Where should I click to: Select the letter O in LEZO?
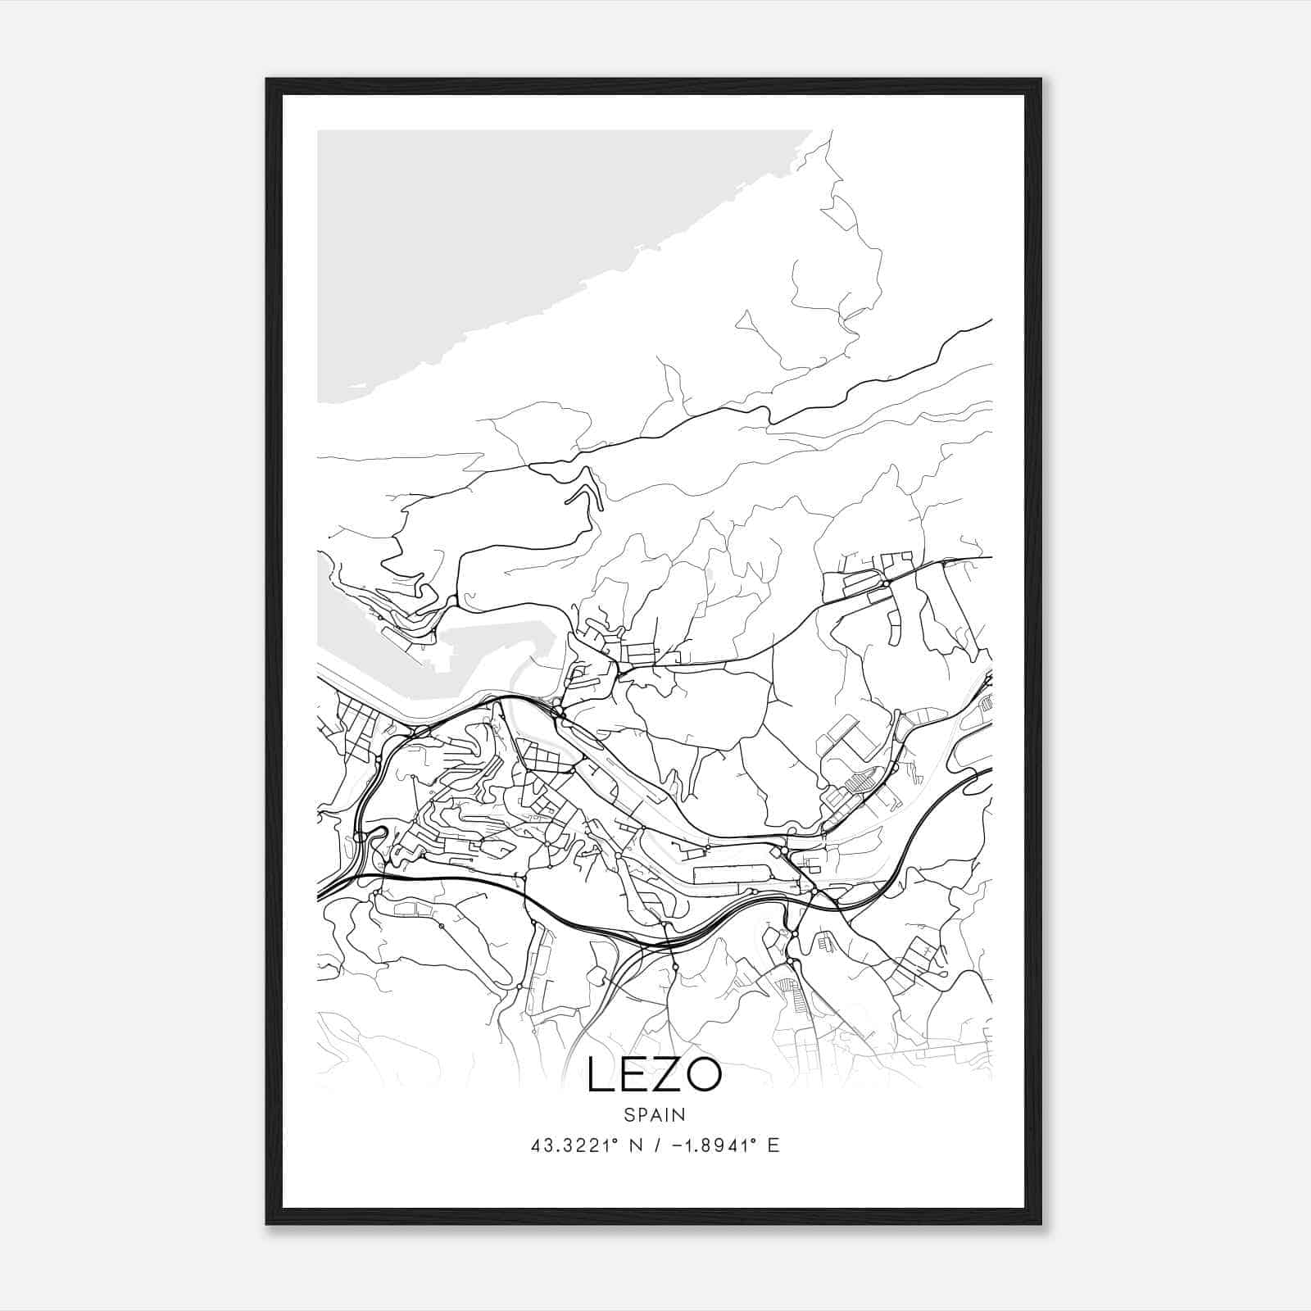(703, 1076)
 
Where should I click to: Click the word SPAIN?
(654, 1115)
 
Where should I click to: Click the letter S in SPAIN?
(628, 1115)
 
